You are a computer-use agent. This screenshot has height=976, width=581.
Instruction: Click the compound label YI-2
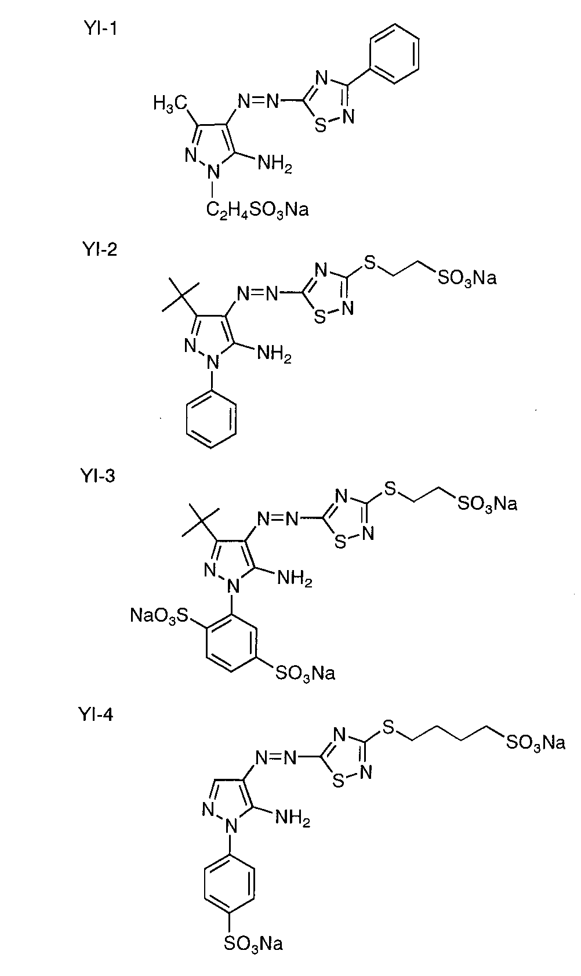pos(99,250)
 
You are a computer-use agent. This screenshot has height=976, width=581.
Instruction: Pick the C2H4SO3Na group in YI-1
pos(257,209)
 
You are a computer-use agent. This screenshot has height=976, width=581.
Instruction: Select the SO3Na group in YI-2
pos(467,279)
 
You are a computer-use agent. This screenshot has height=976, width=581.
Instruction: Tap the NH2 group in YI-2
pos(274,353)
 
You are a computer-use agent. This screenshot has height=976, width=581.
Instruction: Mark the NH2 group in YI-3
pos(295,578)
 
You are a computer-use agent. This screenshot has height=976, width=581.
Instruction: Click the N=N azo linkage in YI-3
pos(279,517)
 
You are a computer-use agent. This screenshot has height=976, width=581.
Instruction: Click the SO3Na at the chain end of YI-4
pos(535,742)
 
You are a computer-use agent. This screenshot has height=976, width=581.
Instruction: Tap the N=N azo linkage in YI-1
pos(259,100)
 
